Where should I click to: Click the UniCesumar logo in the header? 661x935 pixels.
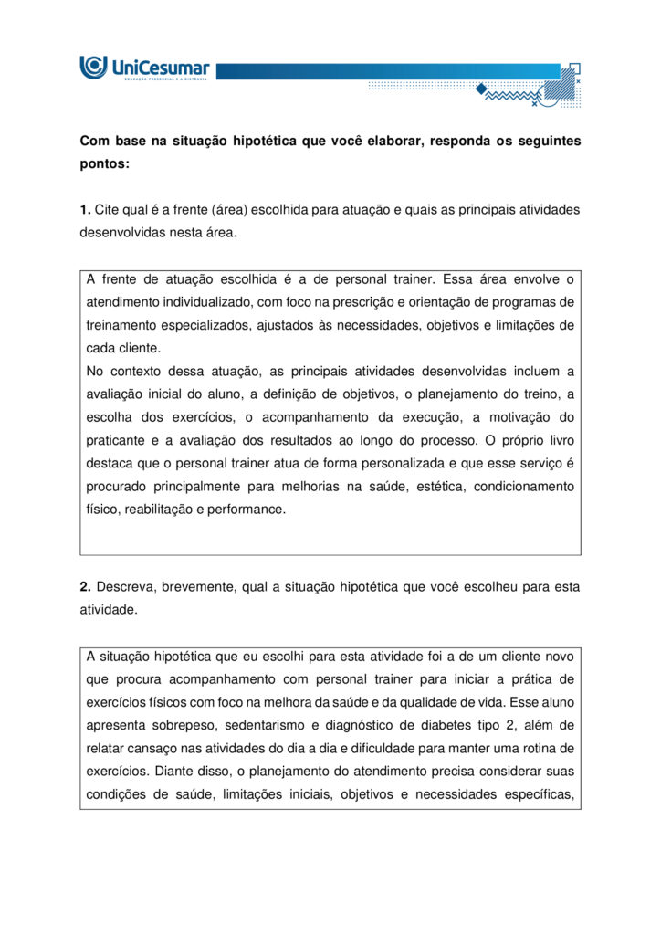tap(144, 68)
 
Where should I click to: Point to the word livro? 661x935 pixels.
tap(555, 440)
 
